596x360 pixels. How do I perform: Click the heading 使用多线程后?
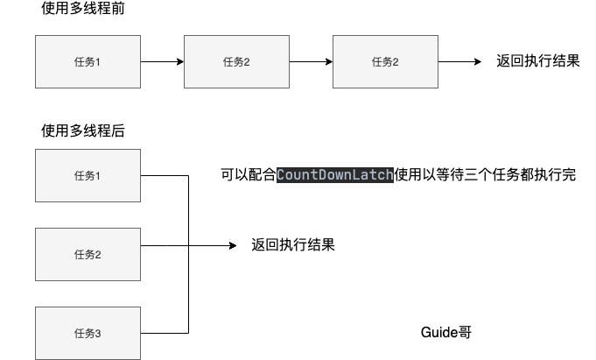pyautogui.click(x=83, y=131)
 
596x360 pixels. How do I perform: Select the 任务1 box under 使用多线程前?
pyautogui.click(x=88, y=61)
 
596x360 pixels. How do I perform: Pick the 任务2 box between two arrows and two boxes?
pyautogui.click(x=236, y=61)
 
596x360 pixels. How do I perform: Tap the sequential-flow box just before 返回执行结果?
pyautogui.click(x=385, y=61)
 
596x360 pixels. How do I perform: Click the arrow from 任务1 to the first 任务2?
pyautogui.click(x=162, y=61)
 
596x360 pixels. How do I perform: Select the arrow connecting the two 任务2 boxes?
pyautogui.click(x=311, y=61)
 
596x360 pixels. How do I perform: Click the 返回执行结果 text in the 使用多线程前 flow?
pyautogui.click(x=537, y=61)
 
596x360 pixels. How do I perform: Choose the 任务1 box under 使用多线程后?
pyautogui.click(x=88, y=175)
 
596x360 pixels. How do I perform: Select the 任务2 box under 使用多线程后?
pyautogui.click(x=88, y=254)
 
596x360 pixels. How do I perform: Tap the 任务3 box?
pyautogui.click(x=88, y=333)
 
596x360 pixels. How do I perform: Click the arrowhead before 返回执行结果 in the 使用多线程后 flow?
pyautogui.click(x=233, y=245)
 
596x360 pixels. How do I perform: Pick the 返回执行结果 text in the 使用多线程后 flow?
pyautogui.click(x=293, y=245)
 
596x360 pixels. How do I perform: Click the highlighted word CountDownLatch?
pyautogui.click(x=335, y=175)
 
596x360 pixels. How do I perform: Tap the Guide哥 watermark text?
pyautogui.click(x=446, y=333)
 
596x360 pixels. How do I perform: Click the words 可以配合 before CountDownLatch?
pyautogui.click(x=249, y=175)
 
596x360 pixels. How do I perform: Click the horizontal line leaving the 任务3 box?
pyautogui.click(x=165, y=333)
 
